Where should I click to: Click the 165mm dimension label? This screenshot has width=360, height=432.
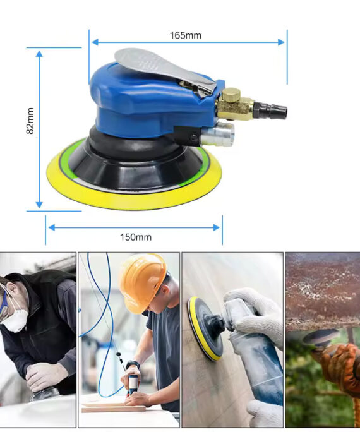coord(185,35)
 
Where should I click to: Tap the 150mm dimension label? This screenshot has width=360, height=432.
coord(136,237)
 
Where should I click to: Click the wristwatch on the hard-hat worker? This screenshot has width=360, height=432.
coord(131,366)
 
